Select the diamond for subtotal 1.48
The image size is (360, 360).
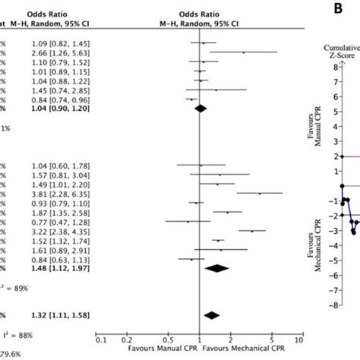pos(217,268)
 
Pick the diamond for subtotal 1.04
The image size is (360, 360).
pos(201,109)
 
